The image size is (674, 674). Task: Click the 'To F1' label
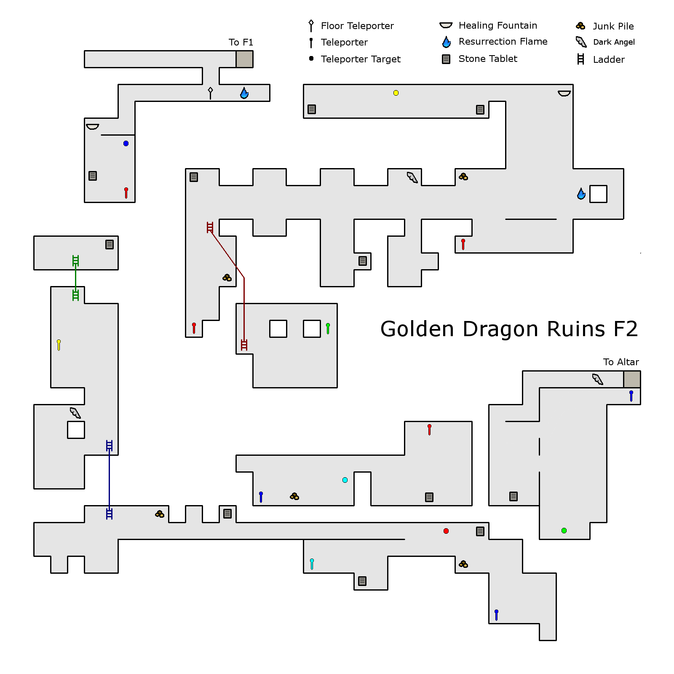tap(241, 42)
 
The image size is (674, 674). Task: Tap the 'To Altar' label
tap(621, 362)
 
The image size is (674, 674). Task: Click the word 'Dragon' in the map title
tap(500, 329)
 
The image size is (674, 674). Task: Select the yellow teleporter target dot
tap(396, 93)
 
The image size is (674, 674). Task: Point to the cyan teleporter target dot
tap(345, 480)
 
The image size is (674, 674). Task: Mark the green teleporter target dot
tap(564, 530)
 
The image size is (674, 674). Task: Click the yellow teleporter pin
tap(59, 345)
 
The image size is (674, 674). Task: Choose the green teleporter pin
tap(328, 328)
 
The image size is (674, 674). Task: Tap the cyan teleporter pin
tap(312, 564)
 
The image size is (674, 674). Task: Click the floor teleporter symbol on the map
tap(210, 92)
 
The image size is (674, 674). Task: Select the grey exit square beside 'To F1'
tap(244, 59)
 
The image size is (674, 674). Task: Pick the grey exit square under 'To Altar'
tap(632, 379)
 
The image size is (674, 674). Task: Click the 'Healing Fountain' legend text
tap(497, 25)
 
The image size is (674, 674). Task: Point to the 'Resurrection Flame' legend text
tap(503, 41)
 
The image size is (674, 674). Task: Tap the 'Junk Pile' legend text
tap(613, 26)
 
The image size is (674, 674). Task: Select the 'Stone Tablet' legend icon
tap(446, 59)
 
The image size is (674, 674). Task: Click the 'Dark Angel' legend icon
tap(581, 42)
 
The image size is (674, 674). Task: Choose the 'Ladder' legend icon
tap(580, 59)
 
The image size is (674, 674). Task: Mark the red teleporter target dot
tap(446, 531)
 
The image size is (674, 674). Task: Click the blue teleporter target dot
tap(126, 143)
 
